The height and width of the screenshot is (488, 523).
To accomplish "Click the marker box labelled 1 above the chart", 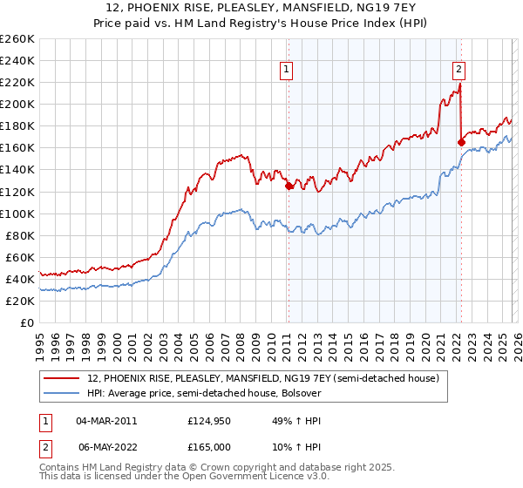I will [287, 71].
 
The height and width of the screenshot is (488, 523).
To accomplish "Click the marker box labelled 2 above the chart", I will [458, 71].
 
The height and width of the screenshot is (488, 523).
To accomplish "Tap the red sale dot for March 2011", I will [289, 185].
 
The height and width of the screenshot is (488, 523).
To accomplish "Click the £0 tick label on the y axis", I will [27, 322].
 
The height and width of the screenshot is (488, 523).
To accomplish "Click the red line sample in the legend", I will [62, 378].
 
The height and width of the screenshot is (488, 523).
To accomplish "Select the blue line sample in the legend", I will [62, 393].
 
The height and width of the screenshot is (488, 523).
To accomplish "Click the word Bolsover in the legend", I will [299, 393].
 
